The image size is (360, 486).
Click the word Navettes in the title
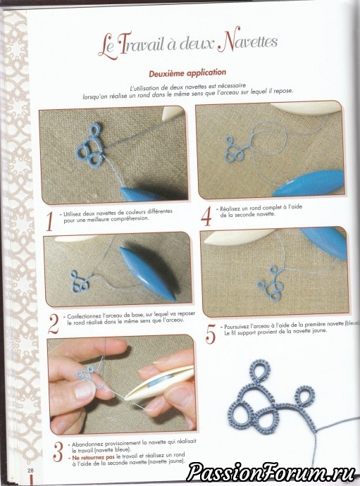[247, 43]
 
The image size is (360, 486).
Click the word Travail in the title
[139, 44]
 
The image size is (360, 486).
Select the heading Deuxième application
[187, 73]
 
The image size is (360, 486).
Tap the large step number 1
[49, 221]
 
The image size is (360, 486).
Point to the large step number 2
[54, 323]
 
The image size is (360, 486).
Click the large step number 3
[58, 451]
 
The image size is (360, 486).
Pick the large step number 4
[206, 216]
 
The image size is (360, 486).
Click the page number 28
[30, 471]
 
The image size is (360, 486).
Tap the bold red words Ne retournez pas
[93, 457]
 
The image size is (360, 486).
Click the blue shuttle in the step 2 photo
[148, 273]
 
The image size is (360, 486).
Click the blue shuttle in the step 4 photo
[309, 184]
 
